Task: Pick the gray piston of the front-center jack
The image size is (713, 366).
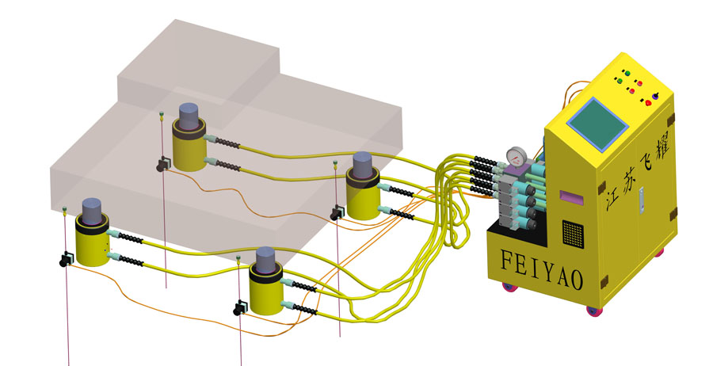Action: coord(265,258)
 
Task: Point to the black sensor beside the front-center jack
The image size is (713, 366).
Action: coord(239,307)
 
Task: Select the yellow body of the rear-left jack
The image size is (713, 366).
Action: coord(189,150)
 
